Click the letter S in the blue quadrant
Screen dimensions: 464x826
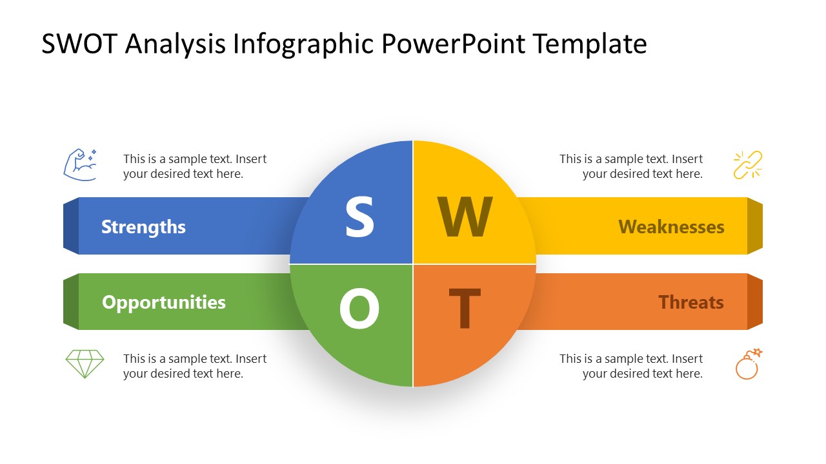(x=359, y=217)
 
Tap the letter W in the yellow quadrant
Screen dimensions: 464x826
(x=465, y=217)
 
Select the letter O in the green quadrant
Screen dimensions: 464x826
(x=359, y=309)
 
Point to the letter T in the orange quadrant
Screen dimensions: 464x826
(x=465, y=309)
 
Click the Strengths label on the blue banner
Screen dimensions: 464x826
(x=143, y=227)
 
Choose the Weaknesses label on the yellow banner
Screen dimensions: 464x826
(x=671, y=227)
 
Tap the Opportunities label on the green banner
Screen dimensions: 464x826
(x=164, y=302)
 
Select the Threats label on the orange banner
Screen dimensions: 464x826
(x=691, y=302)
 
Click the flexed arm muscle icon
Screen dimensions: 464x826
(x=81, y=164)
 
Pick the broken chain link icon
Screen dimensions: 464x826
(x=748, y=164)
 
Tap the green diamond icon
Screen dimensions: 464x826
(x=85, y=363)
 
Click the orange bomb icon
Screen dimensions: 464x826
(x=748, y=365)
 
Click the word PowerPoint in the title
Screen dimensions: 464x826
(x=454, y=44)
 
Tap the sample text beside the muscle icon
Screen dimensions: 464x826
(x=194, y=166)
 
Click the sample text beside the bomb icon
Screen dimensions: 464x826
(x=630, y=366)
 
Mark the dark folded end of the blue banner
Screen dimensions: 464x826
(x=71, y=226)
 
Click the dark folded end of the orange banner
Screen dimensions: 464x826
(x=755, y=302)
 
